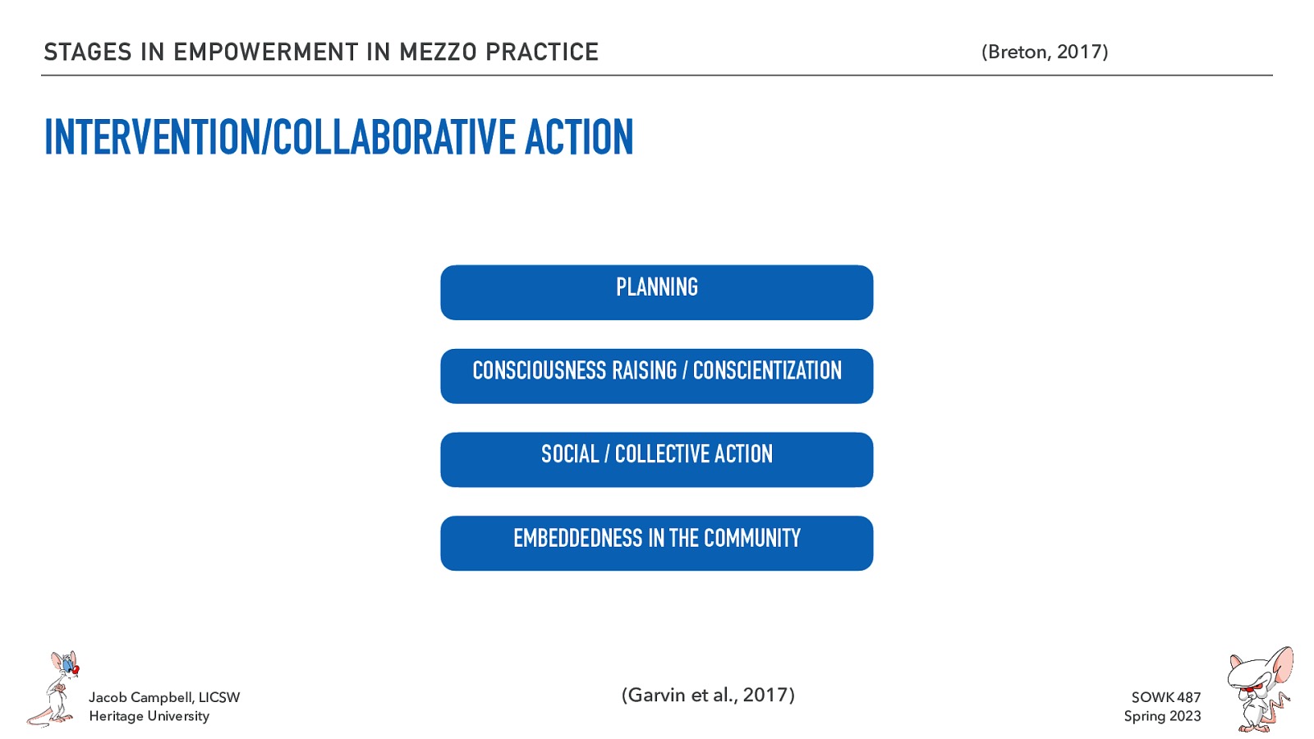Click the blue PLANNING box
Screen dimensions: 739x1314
tap(656, 292)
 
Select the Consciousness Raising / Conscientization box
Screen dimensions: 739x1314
tap(656, 376)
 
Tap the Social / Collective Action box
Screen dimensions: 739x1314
tap(656, 460)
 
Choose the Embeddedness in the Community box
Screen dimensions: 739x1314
tap(656, 543)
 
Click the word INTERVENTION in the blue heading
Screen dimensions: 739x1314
tap(151, 137)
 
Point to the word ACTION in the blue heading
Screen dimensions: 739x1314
tap(579, 137)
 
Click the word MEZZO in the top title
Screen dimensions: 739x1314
tap(438, 52)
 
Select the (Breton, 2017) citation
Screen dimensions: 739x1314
tap(1045, 52)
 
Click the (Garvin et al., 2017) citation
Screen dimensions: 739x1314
tap(708, 695)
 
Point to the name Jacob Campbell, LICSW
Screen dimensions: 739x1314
tap(164, 697)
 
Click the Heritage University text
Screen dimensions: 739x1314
tap(149, 716)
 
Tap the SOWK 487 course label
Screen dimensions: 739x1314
tap(1165, 697)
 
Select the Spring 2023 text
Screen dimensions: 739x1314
tap(1162, 716)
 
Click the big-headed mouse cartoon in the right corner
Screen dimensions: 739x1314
tap(1259, 688)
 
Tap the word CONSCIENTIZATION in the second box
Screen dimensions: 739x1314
tap(767, 371)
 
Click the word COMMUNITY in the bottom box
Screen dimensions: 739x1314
tap(751, 539)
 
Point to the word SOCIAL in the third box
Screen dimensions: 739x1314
tap(570, 454)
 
